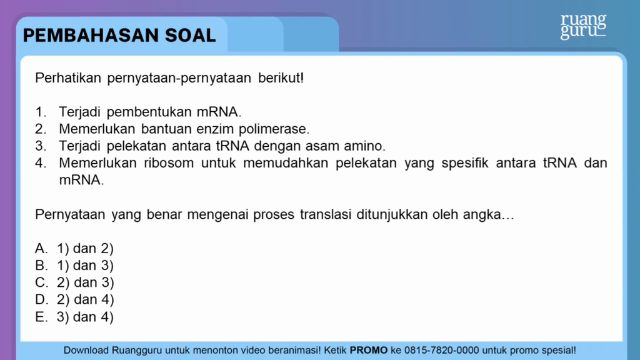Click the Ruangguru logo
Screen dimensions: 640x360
583,26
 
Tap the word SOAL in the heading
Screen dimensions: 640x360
190,36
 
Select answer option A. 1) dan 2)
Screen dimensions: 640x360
74,248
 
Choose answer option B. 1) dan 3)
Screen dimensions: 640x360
74,265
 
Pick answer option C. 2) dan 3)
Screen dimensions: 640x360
74,282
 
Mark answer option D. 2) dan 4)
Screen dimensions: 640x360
74,299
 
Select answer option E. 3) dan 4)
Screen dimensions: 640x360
74,317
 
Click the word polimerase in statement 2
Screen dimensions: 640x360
274,129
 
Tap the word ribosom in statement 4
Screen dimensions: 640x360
169,163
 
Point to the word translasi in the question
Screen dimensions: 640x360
325,214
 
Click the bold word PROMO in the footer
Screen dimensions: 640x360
369,350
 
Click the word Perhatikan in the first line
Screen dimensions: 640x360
68,77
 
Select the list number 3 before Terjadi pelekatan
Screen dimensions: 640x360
41,146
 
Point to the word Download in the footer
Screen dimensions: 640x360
86,350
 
